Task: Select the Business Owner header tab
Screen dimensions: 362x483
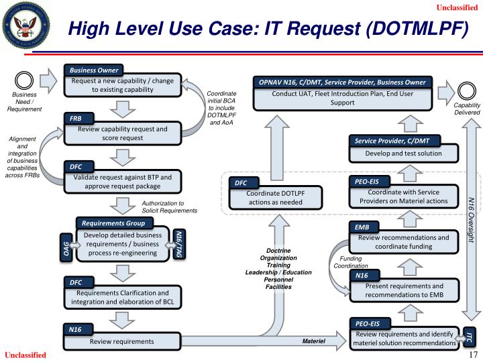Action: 93,70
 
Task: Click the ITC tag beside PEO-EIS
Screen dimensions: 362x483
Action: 470,337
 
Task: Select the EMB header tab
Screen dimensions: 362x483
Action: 363,227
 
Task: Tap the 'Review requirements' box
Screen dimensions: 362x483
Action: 122,341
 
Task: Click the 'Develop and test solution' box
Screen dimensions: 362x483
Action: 403,154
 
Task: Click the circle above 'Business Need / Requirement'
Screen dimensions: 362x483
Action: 25,79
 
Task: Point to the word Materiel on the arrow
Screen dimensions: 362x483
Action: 313,342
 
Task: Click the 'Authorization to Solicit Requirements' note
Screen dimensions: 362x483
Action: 170,206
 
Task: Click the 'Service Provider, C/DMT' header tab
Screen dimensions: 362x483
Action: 396,141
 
